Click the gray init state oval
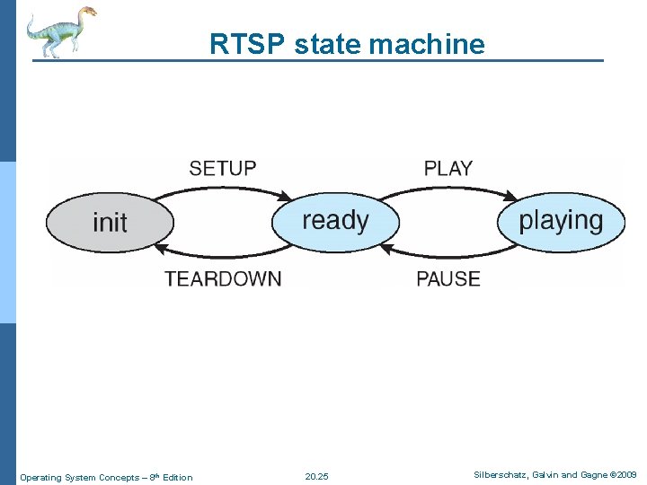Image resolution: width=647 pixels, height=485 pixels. [x=110, y=222]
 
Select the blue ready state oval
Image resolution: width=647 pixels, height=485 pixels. [x=335, y=221]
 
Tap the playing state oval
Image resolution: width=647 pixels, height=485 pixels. [x=561, y=221]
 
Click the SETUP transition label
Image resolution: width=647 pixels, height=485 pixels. [x=222, y=168]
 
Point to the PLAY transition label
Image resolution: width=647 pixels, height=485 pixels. [x=448, y=168]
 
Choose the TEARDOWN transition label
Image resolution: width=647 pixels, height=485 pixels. [x=223, y=278]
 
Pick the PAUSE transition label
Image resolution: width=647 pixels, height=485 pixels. [x=448, y=278]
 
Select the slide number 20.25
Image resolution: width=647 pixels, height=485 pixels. [x=316, y=477]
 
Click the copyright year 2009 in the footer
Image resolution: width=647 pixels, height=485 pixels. [x=625, y=475]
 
